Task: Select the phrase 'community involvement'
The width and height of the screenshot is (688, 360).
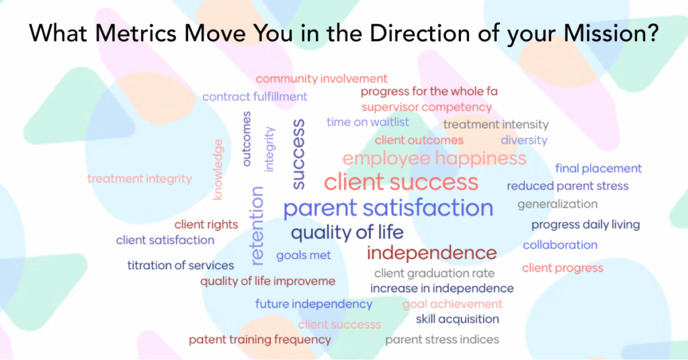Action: pos(322,79)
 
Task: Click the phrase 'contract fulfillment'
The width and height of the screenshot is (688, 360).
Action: pos(255,97)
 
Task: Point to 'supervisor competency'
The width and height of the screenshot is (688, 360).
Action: pos(427,107)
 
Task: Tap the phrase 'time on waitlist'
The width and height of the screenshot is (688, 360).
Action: pos(368,122)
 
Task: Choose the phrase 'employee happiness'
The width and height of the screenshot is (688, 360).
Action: pos(435,159)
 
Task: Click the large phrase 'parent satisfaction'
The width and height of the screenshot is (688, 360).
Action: pos(388,208)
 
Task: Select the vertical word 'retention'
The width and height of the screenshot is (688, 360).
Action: pos(256,226)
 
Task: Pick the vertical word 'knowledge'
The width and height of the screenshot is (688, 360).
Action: pos(218,170)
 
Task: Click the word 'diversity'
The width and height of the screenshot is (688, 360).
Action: pos(524,140)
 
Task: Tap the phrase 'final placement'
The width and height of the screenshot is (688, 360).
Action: pos(599,169)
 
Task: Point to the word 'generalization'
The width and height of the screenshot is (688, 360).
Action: pos(557,204)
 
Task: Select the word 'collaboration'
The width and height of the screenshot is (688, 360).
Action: pos(560,244)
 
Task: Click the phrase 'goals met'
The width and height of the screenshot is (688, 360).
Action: pos(304,255)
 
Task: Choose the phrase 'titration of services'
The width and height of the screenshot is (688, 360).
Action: pos(180,265)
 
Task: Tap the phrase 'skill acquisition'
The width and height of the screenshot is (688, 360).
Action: pos(457,319)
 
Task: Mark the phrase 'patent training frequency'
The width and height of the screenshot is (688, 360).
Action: pos(260,340)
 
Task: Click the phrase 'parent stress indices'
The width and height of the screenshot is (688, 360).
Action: pos(442,340)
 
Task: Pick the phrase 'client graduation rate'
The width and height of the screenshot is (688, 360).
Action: pos(435,273)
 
